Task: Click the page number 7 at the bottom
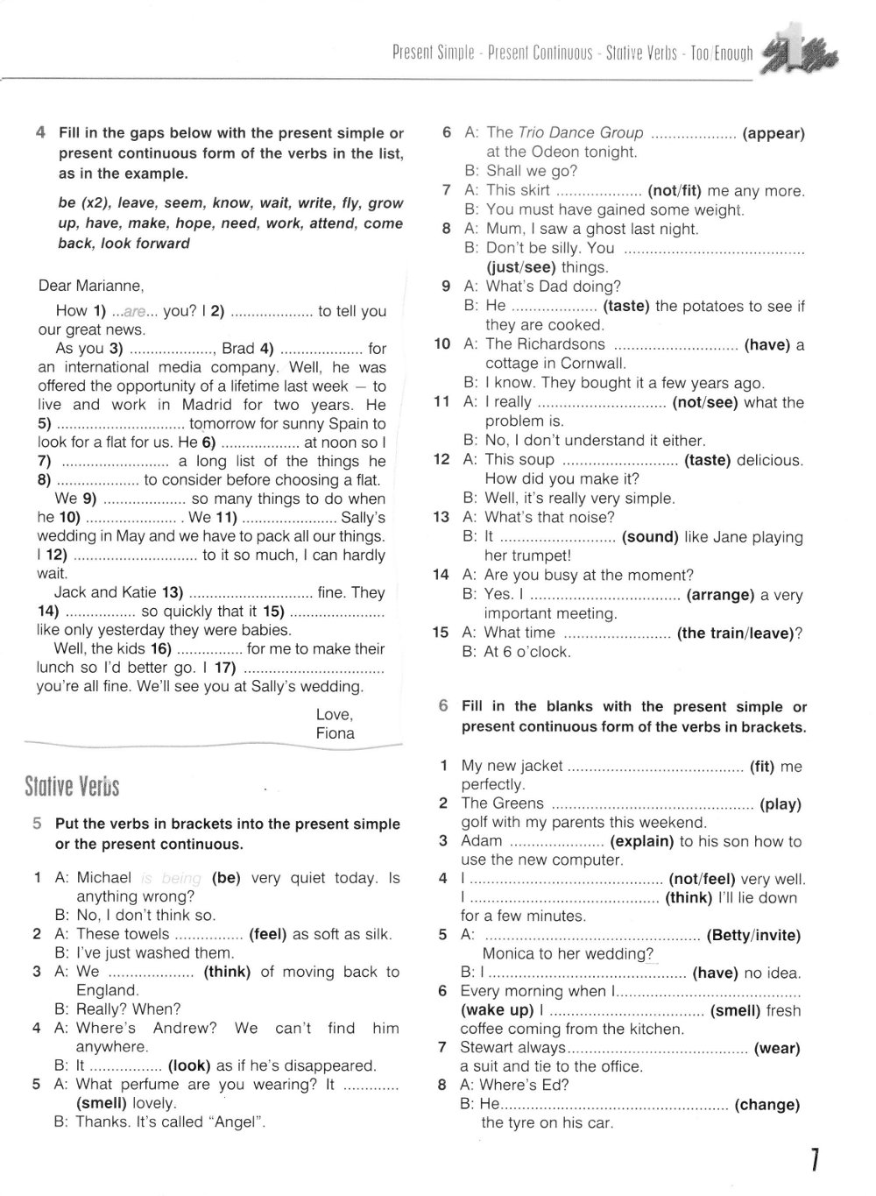tap(814, 1160)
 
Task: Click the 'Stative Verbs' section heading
tap(72, 787)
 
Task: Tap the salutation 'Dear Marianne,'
tap(90, 286)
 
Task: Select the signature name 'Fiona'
tap(335, 733)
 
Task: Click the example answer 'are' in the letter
tap(133, 311)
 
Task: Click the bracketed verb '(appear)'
tap(773, 133)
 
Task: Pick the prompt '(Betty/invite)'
tap(753, 936)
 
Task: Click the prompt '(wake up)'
tap(496, 1010)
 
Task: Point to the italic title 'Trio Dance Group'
tap(581, 133)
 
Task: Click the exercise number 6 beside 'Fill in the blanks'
tap(444, 706)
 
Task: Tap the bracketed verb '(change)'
tap(766, 1105)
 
